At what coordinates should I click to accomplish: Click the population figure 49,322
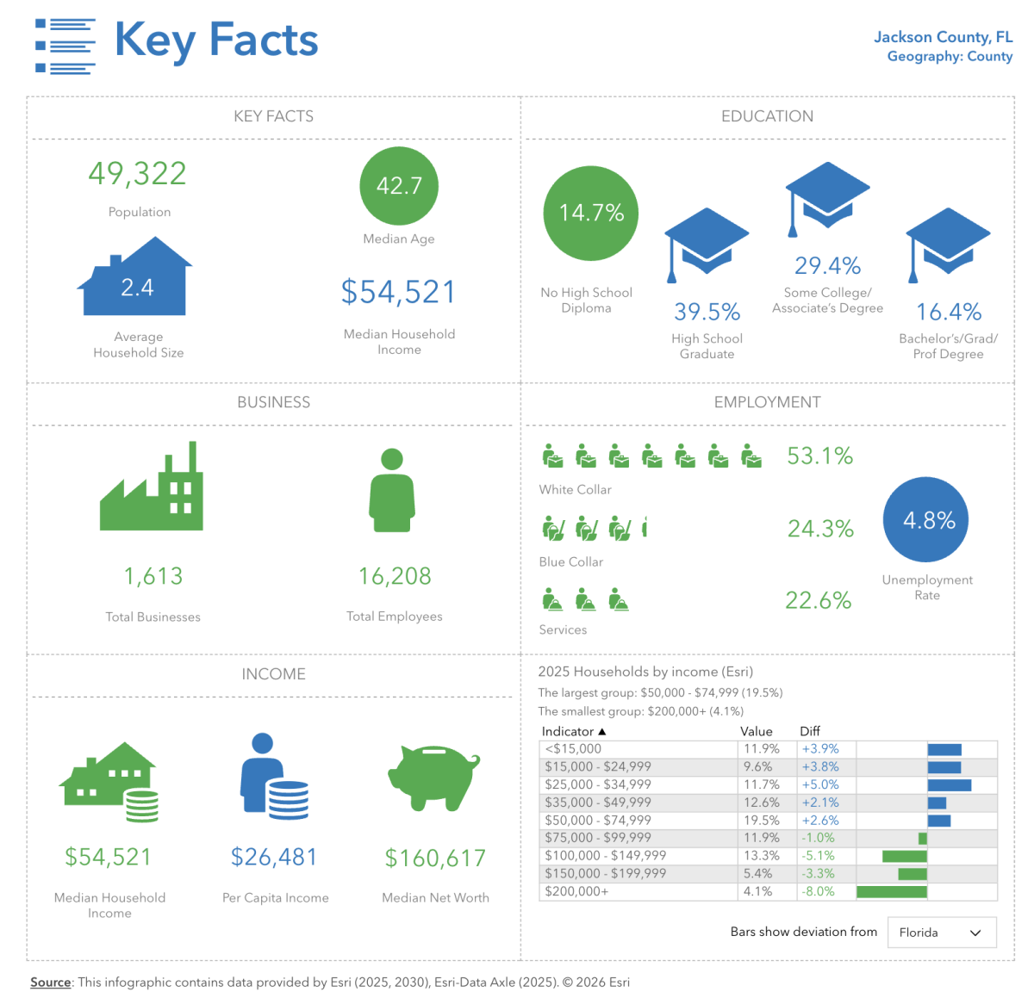138,174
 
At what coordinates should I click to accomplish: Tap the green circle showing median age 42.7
399,186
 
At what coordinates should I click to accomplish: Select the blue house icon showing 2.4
136,282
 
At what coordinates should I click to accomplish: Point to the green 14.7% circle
591,214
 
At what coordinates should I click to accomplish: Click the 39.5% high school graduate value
707,312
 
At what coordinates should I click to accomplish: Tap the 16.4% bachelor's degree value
949,312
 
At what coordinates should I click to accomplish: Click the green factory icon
153,491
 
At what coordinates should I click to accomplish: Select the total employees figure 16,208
395,576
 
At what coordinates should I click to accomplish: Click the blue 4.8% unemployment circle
926,520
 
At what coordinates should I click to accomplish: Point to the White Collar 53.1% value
819,456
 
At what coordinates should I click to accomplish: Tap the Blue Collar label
570,562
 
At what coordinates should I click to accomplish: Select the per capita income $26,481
274,858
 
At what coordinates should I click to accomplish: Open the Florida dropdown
942,933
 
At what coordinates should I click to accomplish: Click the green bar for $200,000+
891,892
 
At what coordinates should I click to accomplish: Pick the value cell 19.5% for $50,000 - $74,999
761,821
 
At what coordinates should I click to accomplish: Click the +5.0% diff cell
819,784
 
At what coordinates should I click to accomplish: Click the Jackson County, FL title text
943,37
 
